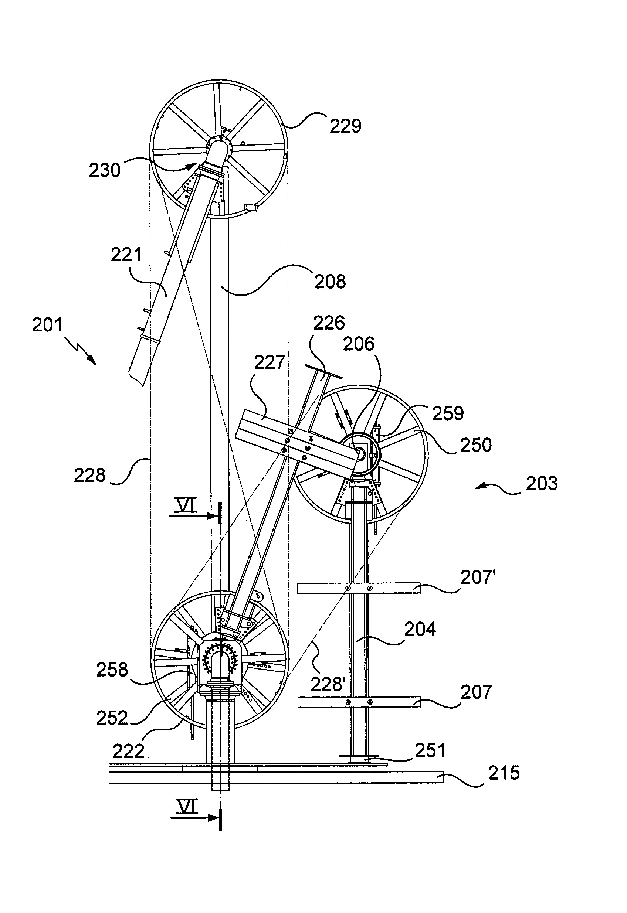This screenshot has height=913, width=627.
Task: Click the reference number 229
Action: click(345, 126)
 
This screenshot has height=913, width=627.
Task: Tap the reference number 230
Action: click(105, 170)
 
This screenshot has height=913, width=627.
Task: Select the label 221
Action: click(126, 255)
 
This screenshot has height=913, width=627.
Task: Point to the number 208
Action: click(330, 282)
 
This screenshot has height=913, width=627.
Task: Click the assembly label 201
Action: click(47, 325)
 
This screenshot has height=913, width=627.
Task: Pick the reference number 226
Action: click(329, 323)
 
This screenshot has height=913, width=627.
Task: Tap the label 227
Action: click(269, 362)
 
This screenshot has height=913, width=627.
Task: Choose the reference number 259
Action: click(448, 414)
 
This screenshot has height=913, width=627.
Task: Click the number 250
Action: click(476, 446)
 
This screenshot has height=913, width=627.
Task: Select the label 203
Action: click(542, 483)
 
